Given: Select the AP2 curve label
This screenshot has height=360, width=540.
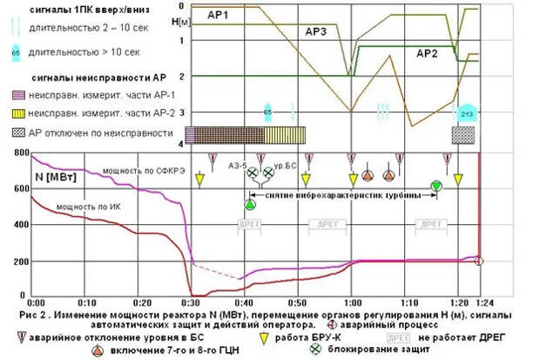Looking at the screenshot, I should pyautogui.click(x=427, y=54).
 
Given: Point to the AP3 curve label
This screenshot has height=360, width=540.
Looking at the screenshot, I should pyautogui.click(x=315, y=32).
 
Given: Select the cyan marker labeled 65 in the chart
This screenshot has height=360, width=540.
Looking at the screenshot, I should pyautogui.click(x=268, y=112).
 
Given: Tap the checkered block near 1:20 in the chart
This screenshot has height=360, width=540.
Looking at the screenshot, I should pyautogui.click(x=462, y=134).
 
